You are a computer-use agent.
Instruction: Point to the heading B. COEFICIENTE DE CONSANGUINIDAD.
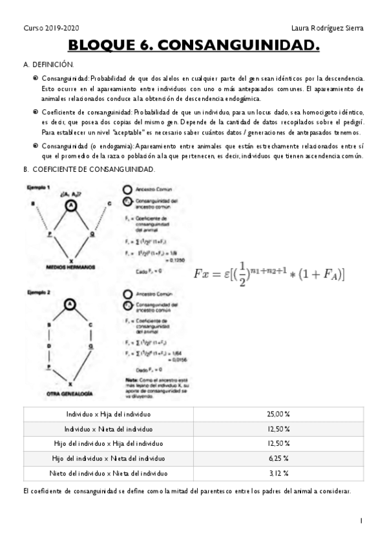89,169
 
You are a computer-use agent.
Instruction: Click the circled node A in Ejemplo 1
72,205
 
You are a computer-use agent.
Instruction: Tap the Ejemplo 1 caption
37,187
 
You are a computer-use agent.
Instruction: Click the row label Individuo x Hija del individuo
109,414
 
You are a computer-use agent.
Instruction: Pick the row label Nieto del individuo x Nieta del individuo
109,473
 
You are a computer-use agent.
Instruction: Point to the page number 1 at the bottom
361,520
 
